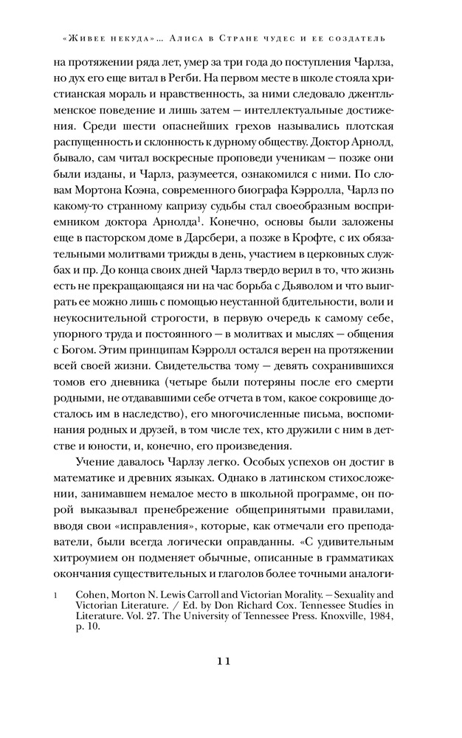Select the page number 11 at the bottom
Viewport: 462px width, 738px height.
point(230,661)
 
